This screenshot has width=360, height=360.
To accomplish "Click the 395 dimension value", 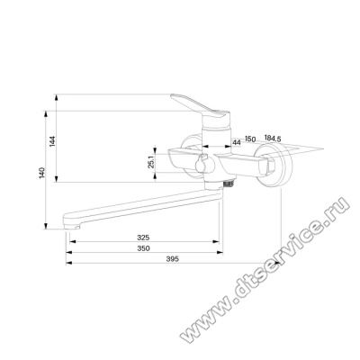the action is (173, 258).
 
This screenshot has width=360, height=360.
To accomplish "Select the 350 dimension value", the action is (143, 248).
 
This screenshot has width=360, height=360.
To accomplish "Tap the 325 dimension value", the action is (143, 238).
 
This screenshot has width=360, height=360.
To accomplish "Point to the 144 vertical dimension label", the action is (52, 141).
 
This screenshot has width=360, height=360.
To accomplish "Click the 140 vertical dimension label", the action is (42, 173).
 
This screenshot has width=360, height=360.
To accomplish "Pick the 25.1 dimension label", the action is (151, 162).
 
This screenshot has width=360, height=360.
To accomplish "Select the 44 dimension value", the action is (237, 143).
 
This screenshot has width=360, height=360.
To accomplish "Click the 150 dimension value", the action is (250, 139).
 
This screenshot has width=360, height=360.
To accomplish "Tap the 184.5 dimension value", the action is (273, 139).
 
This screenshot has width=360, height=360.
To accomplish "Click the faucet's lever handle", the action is (198, 106).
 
